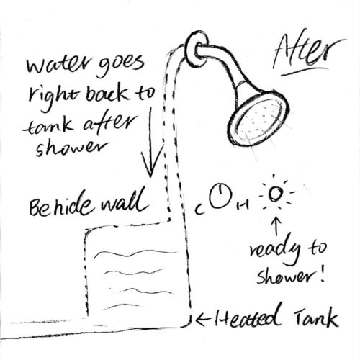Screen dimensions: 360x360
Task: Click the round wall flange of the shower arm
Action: coord(197,49)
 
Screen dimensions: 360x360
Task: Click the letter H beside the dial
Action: coord(243,206)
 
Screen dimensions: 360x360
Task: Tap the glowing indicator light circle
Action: coord(275,193)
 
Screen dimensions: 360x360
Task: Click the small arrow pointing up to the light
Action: coord(276,226)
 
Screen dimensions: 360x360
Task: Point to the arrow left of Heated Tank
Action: coord(204,320)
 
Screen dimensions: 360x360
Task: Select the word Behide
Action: coord(60,207)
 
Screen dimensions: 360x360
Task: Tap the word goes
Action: coord(121,65)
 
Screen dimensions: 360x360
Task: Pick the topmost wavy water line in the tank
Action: coord(135,253)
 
